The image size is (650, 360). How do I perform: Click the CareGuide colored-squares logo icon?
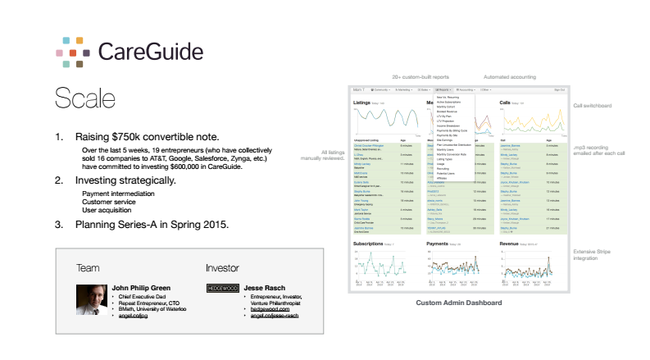pyautogui.click(x=70, y=51)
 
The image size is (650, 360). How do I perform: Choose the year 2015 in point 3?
pyautogui.click(x=211, y=224)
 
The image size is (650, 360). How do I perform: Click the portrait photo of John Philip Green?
pyautogui.click(x=89, y=299)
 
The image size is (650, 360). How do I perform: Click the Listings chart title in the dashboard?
pyautogui.click(x=363, y=103)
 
